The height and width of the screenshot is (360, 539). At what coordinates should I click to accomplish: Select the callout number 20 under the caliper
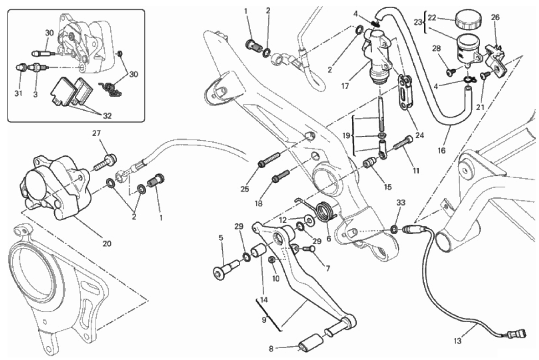coord(107,243)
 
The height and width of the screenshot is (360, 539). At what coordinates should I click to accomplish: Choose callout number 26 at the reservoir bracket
coord(495,18)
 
